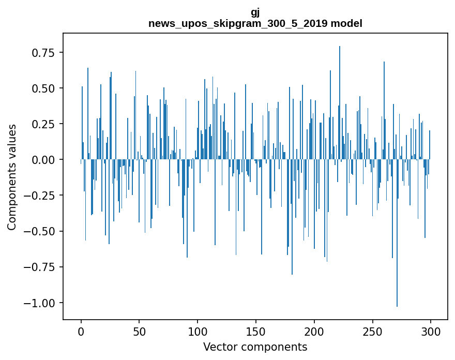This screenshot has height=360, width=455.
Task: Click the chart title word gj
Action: click(255, 13)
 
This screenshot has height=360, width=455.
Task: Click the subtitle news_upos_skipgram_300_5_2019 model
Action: click(255, 23)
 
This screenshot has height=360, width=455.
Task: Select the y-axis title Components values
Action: click(11, 177)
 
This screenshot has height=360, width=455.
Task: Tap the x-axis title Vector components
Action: click(255, 347)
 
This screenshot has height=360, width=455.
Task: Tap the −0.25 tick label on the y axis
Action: click(41, 196)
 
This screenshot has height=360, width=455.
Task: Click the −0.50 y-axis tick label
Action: click(41, 231)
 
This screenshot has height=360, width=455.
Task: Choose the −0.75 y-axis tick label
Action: click(41, 267)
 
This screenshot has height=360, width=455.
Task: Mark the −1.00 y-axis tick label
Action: click(41, 303)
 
